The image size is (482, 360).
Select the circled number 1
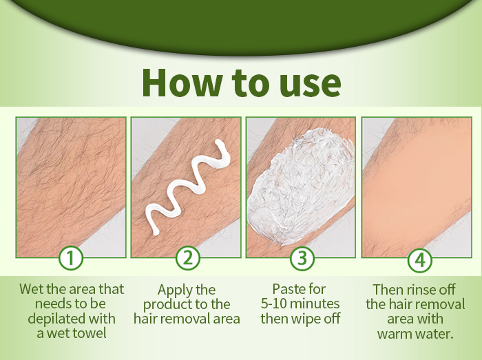point(71,258)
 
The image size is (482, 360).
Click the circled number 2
point(188,258)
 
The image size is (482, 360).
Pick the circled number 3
point(302,258)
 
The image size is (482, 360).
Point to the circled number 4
point(420,260)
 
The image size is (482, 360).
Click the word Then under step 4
point(388,290)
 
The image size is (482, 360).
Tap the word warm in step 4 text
point(394,335)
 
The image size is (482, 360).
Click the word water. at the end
point(434,334)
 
